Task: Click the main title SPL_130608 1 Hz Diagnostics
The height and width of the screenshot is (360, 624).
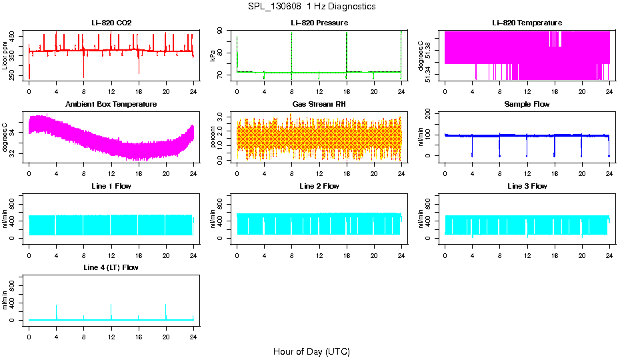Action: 311,7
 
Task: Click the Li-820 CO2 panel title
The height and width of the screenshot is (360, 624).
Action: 111,23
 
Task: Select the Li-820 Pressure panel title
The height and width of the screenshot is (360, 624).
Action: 319,23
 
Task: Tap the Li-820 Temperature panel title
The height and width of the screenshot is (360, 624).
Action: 527,23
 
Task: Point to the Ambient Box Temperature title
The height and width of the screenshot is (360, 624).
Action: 111,105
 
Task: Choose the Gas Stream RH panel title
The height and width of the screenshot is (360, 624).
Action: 319,105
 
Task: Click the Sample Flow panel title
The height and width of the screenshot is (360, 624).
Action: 527,105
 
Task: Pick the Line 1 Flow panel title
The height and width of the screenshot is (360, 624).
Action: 111,186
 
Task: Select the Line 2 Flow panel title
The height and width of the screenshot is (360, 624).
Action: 319,186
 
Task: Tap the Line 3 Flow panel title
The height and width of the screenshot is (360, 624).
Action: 527,186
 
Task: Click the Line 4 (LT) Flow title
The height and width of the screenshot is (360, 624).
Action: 111,267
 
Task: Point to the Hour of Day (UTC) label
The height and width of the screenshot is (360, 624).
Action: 311,351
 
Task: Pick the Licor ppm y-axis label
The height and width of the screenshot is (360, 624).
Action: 5,55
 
